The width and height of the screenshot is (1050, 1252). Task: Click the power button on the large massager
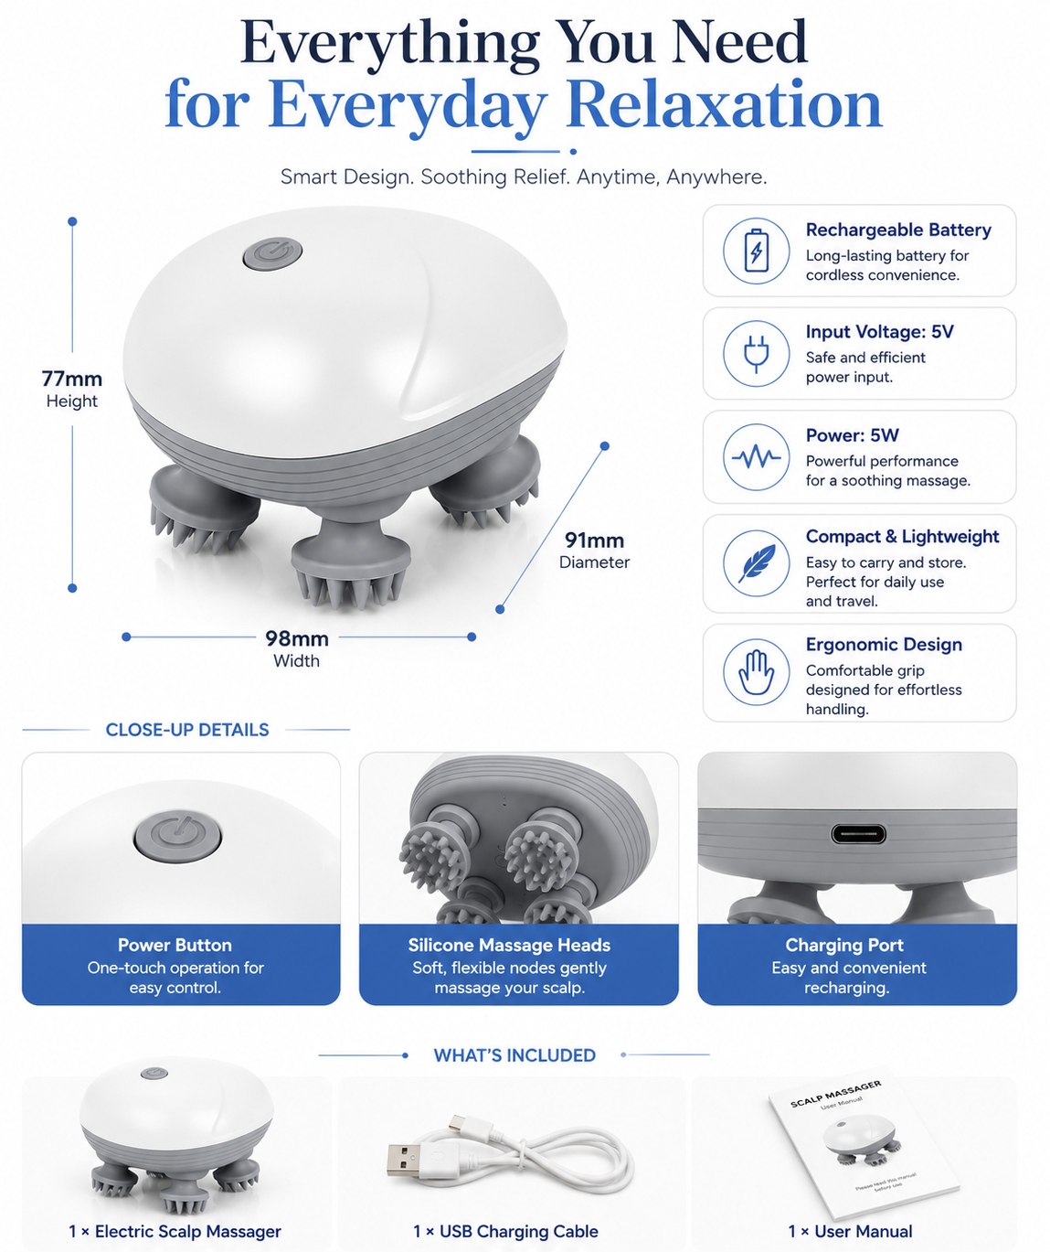(272, 253)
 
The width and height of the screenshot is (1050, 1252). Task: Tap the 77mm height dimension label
(72, 390)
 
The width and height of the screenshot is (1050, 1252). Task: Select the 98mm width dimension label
(297, 648)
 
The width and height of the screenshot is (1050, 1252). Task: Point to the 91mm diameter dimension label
(594, 550)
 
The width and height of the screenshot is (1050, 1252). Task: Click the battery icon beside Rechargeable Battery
(756, 251)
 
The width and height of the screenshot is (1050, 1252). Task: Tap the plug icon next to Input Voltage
(756, 354)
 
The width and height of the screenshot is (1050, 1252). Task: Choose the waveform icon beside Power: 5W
(757, 457)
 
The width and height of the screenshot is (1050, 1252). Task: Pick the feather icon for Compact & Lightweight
(757, 563)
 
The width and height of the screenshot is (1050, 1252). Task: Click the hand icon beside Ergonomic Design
(756, 671)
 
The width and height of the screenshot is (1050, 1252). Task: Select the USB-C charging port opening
(857, 834)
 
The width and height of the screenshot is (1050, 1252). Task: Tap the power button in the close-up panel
(177, 836)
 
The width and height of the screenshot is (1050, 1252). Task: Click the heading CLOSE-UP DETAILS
(187, 730)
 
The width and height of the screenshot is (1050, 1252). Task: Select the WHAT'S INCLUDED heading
(514, 1054)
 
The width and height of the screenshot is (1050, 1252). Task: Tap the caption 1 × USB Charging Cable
(505, 1231)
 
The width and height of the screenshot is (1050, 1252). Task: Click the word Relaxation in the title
(724, 105)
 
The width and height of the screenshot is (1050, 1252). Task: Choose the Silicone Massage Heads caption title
(509, 945)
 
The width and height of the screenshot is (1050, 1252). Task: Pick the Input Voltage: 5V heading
(879, 332)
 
